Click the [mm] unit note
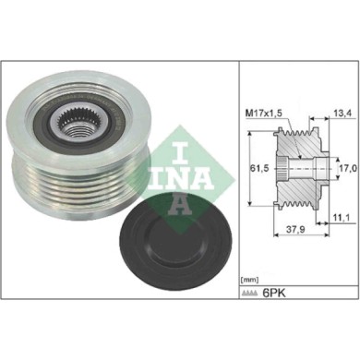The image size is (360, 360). pos(249,276)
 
